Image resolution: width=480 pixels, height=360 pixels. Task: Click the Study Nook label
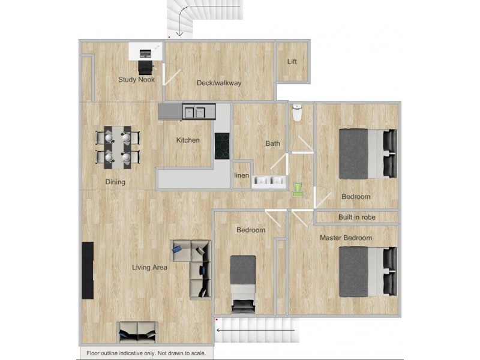pyautogui.click(x=136, y=80)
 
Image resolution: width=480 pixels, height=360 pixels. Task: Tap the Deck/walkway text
pyautogui.click(x=219, y=83)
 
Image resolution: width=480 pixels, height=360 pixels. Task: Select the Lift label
pyautogui.click(x=292, y=62)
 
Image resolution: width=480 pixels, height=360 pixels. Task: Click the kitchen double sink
pyautogui.click(x=195, y=111)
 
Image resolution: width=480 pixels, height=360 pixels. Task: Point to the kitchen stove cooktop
pyautogui.click(x=223, y=145)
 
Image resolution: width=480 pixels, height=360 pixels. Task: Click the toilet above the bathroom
pyautogui.click(x=296, y=113)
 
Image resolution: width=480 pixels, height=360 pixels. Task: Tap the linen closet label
pyautogui.click(x=241, y=175)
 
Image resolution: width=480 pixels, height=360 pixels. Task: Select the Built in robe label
pyautogui.click(x=358, y=217)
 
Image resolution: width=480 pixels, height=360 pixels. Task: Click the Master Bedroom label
pyautogui.click(x=346, y=238)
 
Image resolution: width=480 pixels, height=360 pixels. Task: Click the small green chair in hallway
pyautogui.click(x=297, y=190)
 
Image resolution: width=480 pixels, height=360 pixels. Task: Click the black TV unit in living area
pyautogui.click(x=88, y=270)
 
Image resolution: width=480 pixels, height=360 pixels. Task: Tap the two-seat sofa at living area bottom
pyautogui.click(x=137, y=332)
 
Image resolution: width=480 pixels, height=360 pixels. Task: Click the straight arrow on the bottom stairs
pyautogui.click(x=256, y=329)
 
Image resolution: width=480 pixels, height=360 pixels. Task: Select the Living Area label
pyautogui.click(x=149, y=268)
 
